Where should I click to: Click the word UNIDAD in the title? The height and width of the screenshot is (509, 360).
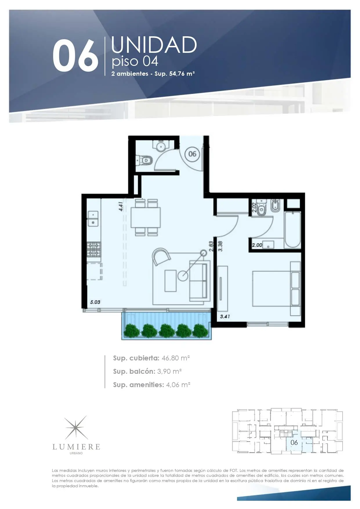point(154,45)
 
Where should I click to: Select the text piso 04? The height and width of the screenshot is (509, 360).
point(135,62)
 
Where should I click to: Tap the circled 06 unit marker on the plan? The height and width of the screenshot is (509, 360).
point(192,154)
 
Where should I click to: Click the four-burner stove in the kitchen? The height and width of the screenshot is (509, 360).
point(94,250)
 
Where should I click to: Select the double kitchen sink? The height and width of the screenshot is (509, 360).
point(93,219)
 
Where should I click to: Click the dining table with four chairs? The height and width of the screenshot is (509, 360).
point(145,217)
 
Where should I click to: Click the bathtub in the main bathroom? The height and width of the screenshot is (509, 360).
point(292,230)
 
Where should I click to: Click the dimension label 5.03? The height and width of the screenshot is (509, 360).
point(95,302)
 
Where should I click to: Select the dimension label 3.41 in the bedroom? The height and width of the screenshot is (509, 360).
point(225,316)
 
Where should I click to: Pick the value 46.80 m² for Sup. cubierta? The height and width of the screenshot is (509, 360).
point(176,358)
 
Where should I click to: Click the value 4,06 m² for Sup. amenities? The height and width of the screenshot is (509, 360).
point(178,385)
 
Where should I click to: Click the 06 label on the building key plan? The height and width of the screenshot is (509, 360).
point(294,442)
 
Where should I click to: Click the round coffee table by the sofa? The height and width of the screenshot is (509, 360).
point(183,276)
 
